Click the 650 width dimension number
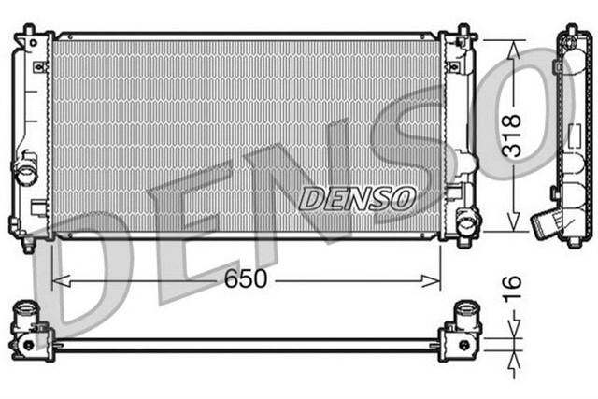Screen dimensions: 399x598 point(246,278)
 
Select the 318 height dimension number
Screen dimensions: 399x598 point(510,135)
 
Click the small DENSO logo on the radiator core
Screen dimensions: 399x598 point(358,197)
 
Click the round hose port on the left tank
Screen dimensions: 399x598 point(25,173)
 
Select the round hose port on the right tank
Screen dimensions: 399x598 point(465,221)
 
